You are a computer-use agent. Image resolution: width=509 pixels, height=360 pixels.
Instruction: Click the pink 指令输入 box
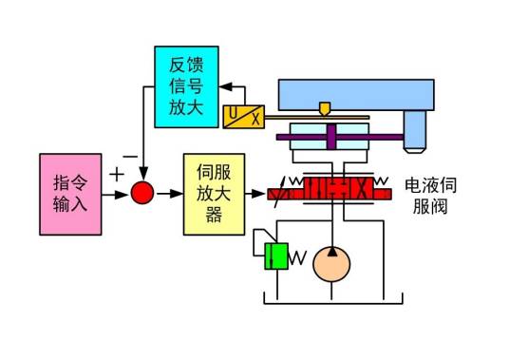(x=68, y=193)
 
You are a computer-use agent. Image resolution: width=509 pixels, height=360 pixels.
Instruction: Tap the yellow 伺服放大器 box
(x=214, y=195)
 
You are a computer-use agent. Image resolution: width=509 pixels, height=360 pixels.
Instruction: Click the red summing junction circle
(x=141, y=194)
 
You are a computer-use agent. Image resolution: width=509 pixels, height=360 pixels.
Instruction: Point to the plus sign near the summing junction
(x=117, y=175)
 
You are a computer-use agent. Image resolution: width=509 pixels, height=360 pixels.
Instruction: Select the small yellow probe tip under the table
(x=327, y=109)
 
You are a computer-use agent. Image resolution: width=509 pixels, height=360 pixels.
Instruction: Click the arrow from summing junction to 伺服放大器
(x=168, y=194)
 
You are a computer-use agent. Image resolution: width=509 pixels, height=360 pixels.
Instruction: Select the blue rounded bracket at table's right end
(x=414, y=130)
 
